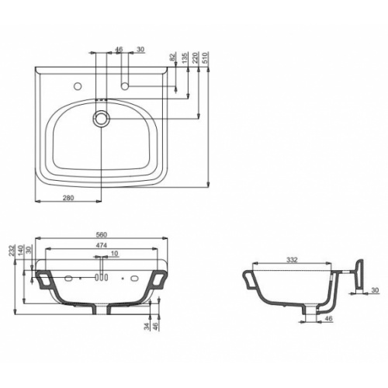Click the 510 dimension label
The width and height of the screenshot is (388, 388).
206,57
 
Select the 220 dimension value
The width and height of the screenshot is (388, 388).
196,57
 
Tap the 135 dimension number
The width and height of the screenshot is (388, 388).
185,57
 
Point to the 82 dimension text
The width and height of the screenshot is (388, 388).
173,57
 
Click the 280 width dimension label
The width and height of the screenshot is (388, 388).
68,198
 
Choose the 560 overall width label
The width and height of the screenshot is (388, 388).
102,235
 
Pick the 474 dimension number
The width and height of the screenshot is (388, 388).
102,245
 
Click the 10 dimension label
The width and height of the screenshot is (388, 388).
114,254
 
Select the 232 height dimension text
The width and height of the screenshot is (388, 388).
12,251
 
